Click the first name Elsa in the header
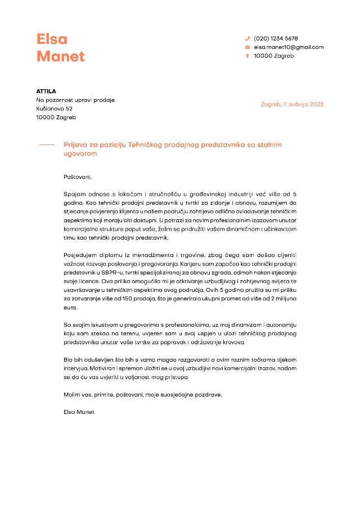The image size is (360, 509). [x=52, y=39]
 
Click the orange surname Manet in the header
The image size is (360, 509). [x=61, y=56]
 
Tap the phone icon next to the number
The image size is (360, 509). [x=247, y=39]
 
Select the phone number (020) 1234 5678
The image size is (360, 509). [x=276, y=39]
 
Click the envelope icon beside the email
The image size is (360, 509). [x=247, y=47]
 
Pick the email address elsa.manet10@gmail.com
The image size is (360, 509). [x=289, y=47]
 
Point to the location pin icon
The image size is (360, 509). [x=247, y=56]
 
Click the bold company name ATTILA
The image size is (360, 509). [x=46, y=91]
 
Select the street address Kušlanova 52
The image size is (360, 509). [x=55, y=109]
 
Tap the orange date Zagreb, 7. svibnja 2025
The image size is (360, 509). [x=292, y=104]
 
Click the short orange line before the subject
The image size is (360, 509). [x=47, y=145]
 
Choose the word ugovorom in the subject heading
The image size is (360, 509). [x=81, y=153]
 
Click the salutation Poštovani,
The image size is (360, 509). [x=78, y=177]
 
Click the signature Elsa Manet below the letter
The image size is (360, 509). [x=79, y=412]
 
